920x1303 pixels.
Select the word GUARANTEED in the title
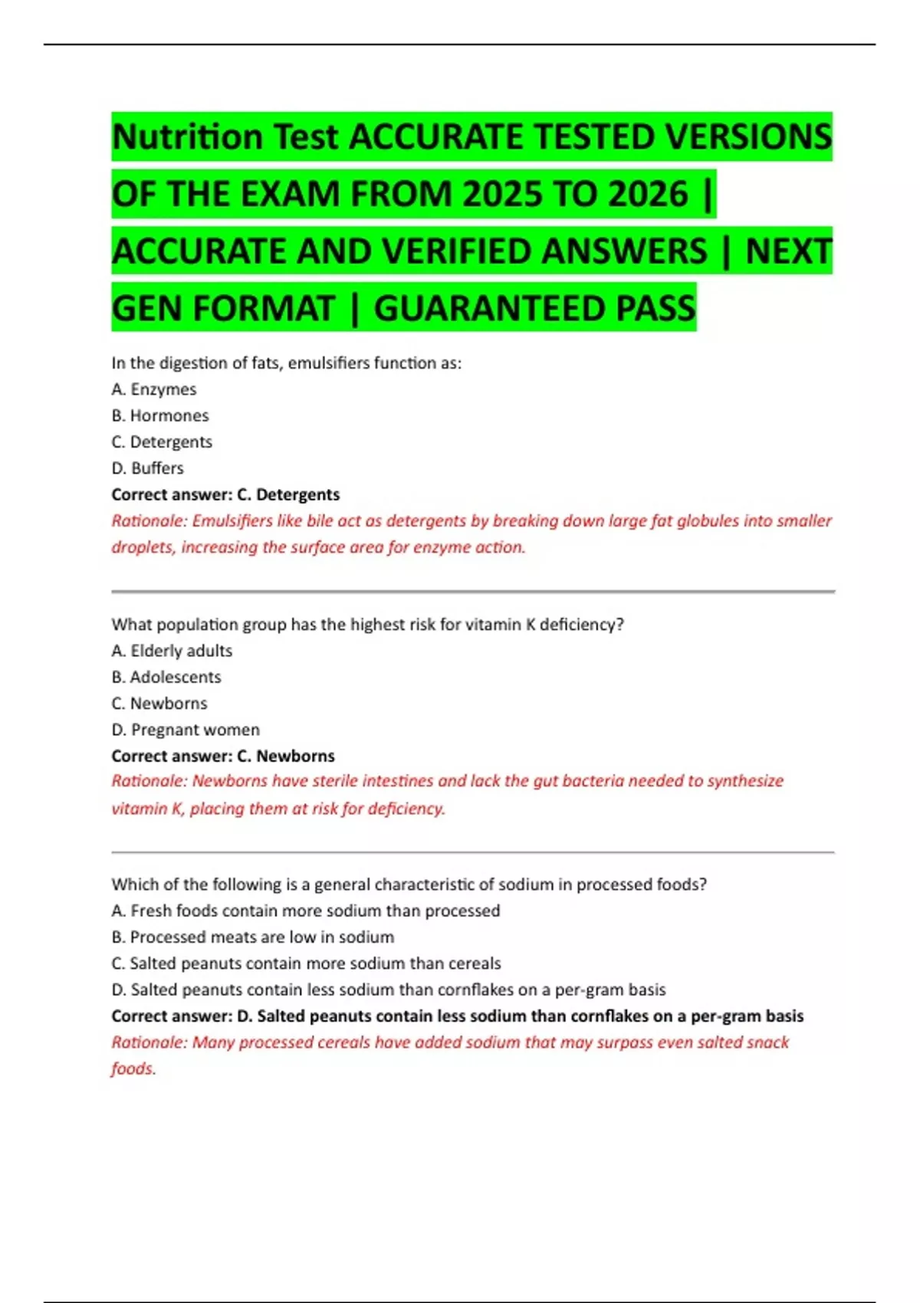[x=491, y=308]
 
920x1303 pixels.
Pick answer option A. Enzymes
[x=154, y=389]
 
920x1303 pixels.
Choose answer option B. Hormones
[x=160, y=415]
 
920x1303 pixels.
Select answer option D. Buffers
[x=148, y=468]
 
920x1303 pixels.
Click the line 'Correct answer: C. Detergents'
[x=225, y=494]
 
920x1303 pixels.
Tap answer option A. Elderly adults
[x=172, y=651]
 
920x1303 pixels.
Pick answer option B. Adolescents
[x=166, y=677]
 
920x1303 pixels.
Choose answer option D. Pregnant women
[x=186, y=730]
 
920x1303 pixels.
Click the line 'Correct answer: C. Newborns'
[x=223, y=756]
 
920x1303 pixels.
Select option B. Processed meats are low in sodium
[x=253, y=937]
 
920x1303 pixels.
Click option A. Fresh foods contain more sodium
[x=305, y=911]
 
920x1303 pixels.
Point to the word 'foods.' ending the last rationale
[x=133, y=1068]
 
